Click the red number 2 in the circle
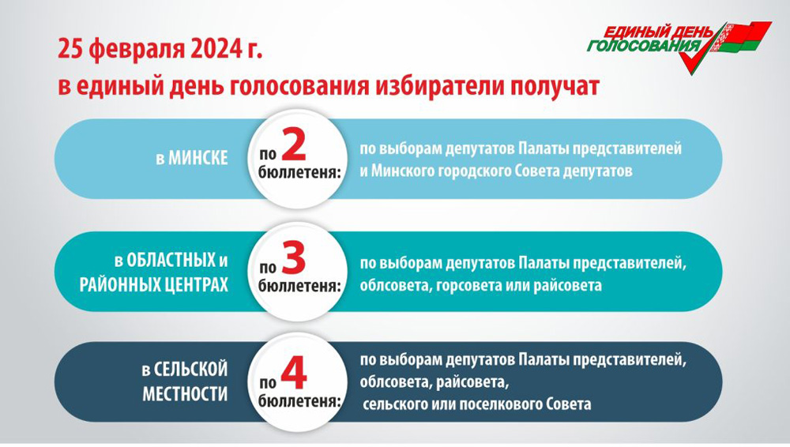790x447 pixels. [x=294, y=145]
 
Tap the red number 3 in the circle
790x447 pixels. [x=294, y=258]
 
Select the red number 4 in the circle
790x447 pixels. [x=294, y=374]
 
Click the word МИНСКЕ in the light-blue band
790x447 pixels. [x=197, y=158]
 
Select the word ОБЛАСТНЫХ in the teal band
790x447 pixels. [x=171, y=261]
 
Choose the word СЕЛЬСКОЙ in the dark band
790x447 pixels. [x=190, y=370]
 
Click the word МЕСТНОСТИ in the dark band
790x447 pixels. [x=185, y=393]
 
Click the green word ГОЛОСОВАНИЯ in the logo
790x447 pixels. [x=643, y=47]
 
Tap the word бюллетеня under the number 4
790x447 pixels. [x=299, y=401]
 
